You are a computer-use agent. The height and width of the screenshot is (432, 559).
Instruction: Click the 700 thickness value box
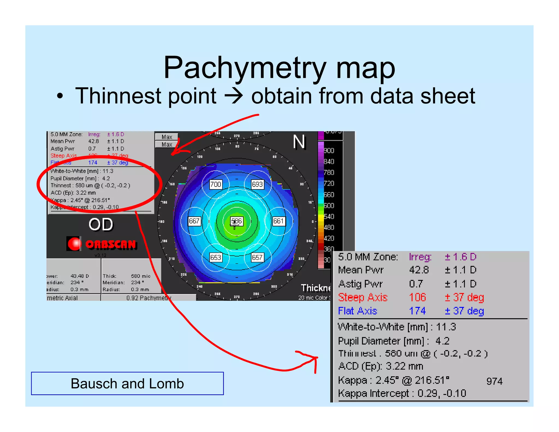point(215,184)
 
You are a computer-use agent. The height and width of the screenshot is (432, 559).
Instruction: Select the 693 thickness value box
point(257,184)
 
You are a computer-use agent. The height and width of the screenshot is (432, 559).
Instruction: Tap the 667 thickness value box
point(194,221)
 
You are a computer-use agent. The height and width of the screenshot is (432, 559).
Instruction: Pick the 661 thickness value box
point(278,221)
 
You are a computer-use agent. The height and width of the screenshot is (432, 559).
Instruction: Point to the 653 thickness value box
point(215,258)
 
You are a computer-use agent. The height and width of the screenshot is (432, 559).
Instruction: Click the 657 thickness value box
point(257,258)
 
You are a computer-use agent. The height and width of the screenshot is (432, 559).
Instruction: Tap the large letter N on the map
point(299,142)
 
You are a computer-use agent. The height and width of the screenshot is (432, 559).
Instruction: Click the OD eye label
point(101,224)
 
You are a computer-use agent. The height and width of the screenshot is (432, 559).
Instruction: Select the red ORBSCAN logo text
point(111,244)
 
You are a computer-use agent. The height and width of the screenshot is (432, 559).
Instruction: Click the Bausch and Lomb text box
point(127,383)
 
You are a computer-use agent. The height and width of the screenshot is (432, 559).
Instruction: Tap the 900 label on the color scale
point(329,151)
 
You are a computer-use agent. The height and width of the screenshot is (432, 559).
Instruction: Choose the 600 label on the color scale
point(329,206)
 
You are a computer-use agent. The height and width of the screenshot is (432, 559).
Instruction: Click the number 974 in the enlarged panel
point(494,381)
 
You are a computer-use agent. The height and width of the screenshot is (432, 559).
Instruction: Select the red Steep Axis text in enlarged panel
point(363,297)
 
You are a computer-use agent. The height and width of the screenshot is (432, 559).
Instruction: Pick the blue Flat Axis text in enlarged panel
point(358,311)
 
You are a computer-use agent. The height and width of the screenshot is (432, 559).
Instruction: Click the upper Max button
point(167,137)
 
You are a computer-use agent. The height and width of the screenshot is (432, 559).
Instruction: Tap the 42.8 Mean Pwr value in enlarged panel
point(419,270)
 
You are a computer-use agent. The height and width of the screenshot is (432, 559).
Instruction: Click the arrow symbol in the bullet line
point(234,96)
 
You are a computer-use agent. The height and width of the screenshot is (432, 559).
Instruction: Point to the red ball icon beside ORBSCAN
point(74,244)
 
